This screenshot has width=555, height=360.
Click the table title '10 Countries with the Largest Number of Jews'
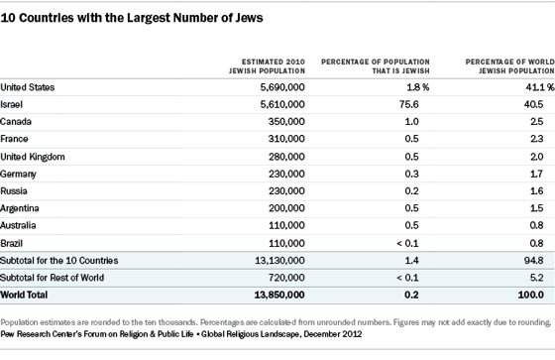point(132,18)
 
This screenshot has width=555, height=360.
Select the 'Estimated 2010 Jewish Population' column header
point(267,66)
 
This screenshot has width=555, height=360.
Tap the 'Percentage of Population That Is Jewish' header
point(376,66)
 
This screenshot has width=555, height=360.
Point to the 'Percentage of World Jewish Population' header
point(510,66)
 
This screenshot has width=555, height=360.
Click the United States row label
point(28,87)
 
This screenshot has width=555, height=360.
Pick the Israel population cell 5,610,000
point(282,104)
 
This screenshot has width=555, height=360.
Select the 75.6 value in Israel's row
point(408,104)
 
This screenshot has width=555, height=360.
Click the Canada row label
point(16,122)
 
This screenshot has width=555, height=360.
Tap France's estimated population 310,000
point(286,139)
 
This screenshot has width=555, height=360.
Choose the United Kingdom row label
point(33,157)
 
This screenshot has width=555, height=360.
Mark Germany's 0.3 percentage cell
point(411,174)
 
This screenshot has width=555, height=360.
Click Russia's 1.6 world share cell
point(536,191)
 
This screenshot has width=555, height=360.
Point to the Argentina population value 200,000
point(286,208)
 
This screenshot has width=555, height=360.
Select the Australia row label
point(18,225)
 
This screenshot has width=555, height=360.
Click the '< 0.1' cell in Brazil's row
point(407,243)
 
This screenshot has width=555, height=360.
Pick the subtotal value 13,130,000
point(279,261)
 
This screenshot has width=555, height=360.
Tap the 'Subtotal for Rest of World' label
point(52,278)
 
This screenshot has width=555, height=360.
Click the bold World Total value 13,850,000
point(279,295)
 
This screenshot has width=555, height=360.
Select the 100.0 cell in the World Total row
point(530,295)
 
